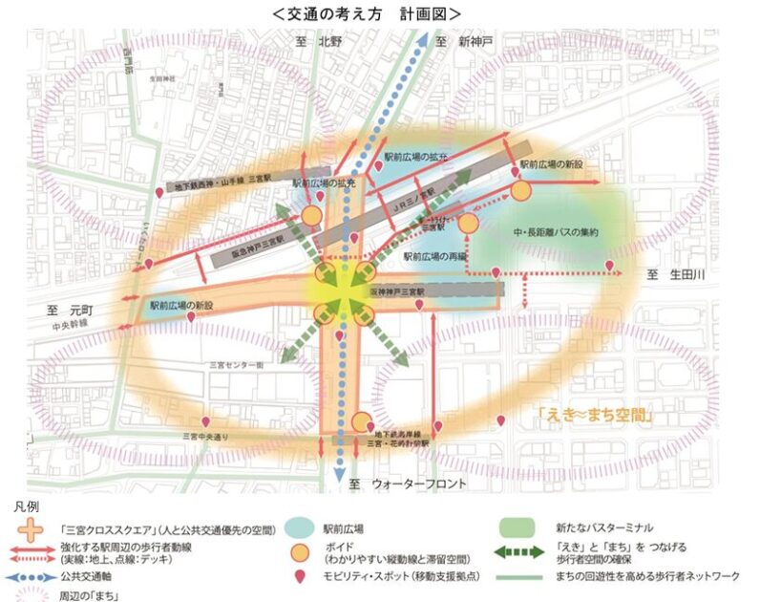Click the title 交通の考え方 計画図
coord(366,13)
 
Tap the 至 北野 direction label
coord(318,41)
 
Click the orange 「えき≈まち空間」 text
coord(594,417)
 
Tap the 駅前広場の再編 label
coord(434,256)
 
